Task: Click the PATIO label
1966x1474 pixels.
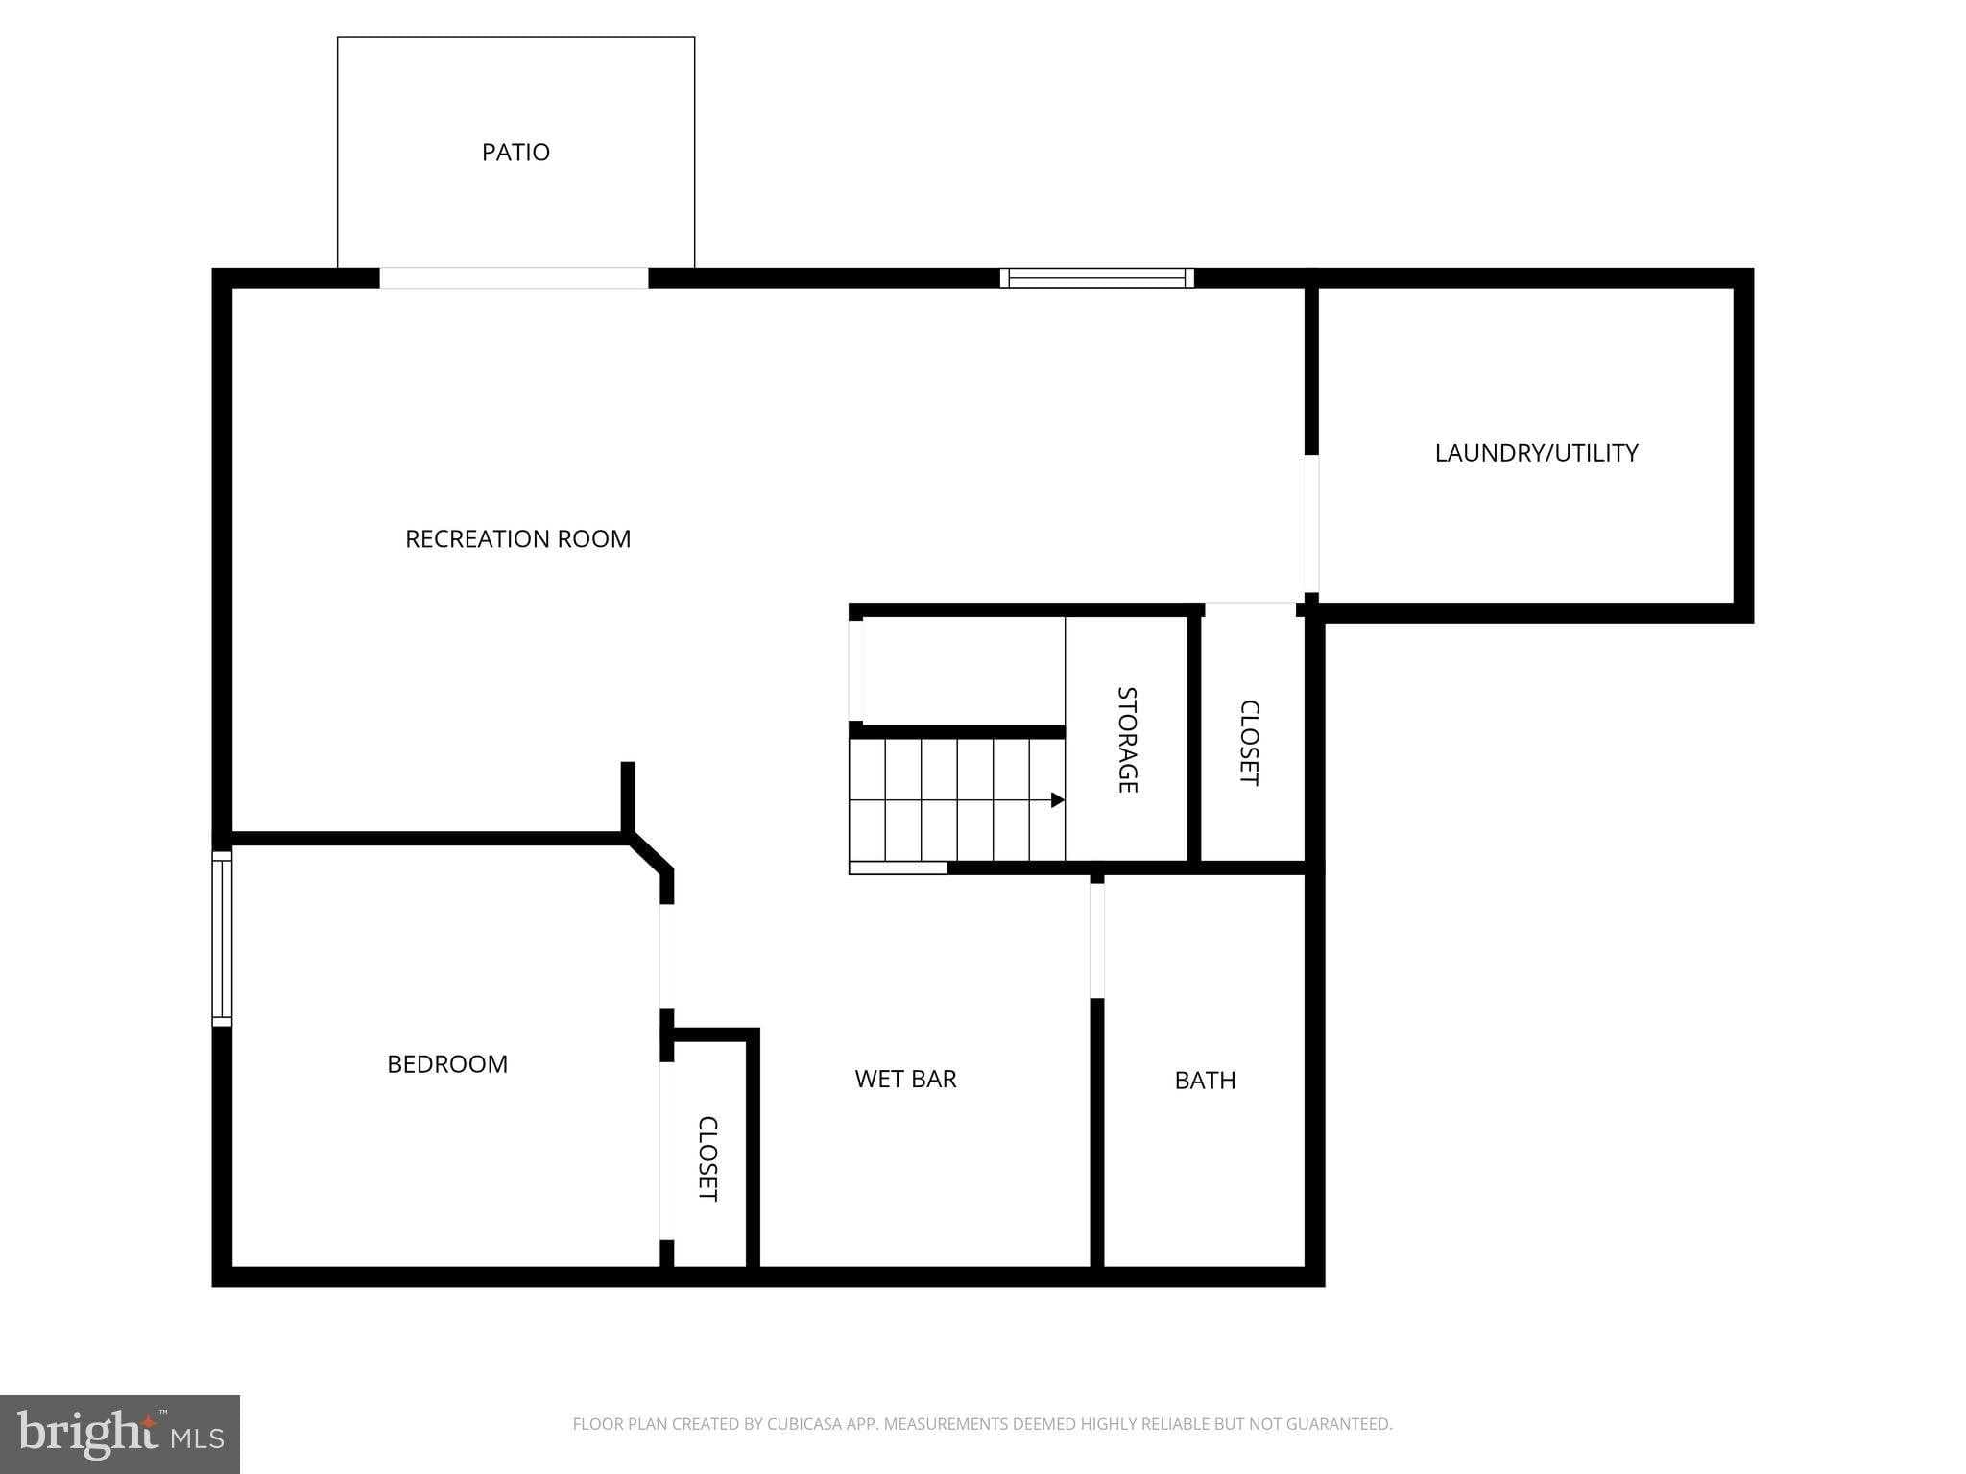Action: pyautogui.click(x=515, y=153)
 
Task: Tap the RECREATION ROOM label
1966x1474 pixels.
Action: pyautogui.click(x=517, y=539)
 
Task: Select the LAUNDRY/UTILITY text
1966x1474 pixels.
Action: pyautogui.click(x=1536, y=453)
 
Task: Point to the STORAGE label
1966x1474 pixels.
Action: pyautogui.click(x=1127, y=740)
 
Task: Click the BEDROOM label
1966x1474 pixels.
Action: pyautogui.click(x=447, y=1064)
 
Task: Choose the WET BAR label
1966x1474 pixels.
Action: pyautogui.click(x=905, y=1079)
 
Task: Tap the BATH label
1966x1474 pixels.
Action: pyautogui.click(x=1205, y=1081)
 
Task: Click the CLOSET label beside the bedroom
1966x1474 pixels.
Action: pyautogui.click(x=707, y=1158)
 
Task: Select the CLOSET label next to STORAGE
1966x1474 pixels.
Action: pyautogui.click(x=1249, y=743)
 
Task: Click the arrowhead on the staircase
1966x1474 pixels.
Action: pyautogui.click(x=1057, y=800)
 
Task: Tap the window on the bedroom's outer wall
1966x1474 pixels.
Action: pyautogui.click(x=222, y=939)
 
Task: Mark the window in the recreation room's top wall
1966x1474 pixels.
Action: pyautogui.click(x=1096, y=278)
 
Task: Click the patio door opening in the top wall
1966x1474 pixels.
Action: pyautogui.click(x=514, y=278)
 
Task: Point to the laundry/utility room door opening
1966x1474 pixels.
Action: pyautogui.click(x=1311, y=524)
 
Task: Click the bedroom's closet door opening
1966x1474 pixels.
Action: pyautogui.click(x=666, y=1151)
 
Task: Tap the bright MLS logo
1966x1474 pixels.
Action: pyautogui.click(x=120, y=1435)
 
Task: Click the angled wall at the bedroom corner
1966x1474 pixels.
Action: pyautogui.click(x=652, y=853)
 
